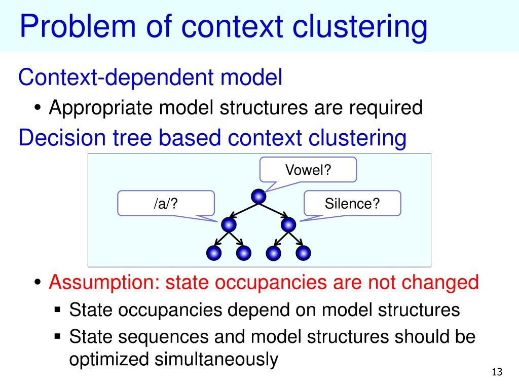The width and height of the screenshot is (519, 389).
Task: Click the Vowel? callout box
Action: [x=308, y=169]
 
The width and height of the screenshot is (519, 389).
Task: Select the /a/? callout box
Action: [x=166, y=203]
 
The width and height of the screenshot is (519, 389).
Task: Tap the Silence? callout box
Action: [x=352, y=203]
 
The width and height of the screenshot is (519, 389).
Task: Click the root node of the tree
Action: [x=258, y=196]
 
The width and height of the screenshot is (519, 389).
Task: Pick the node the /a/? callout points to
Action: [x=229, y=224]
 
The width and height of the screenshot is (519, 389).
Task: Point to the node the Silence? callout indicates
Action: [x=288, y=224]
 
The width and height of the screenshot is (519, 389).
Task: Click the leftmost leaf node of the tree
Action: [x=214, y=253]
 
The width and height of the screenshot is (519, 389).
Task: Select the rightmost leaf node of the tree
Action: [x=303, y=253]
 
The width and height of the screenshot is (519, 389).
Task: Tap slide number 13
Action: [x=497, y=373]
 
